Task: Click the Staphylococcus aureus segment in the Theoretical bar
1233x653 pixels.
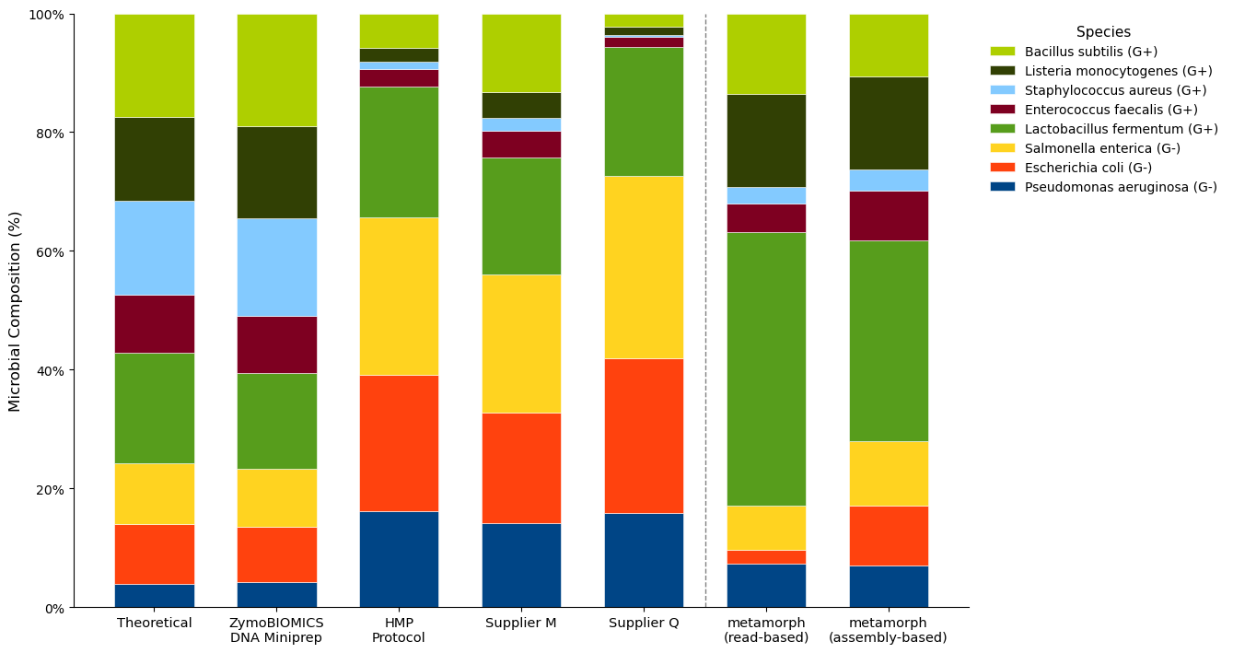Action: click(154, 249)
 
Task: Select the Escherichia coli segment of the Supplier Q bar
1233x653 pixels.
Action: click(644, 436)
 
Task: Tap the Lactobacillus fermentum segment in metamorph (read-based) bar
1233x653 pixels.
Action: click(766, 369)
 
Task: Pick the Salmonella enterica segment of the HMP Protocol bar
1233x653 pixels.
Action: click(399, 297)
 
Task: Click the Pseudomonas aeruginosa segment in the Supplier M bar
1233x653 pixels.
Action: click(521, 566)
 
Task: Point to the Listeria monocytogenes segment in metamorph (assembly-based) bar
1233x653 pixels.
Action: click(889, 123)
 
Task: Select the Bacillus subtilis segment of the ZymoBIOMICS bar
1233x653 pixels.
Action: click(277, 71)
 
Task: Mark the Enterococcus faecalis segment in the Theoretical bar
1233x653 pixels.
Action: click(154, 324)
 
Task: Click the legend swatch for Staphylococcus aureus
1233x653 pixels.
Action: click(1003, 90)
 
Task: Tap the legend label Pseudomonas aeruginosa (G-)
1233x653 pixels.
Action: click(1121, 187)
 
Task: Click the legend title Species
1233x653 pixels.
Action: click(1103, 32)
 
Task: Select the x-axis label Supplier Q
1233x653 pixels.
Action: click(644, 623)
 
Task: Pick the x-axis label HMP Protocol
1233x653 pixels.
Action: click(399, 630)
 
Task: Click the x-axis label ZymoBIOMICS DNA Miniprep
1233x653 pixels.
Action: click(276, 630)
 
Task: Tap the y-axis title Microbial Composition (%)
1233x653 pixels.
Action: click(15, 311)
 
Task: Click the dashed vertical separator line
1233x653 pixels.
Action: click(705, 311)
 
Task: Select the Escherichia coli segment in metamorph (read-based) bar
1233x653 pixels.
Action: click(766, 557)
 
